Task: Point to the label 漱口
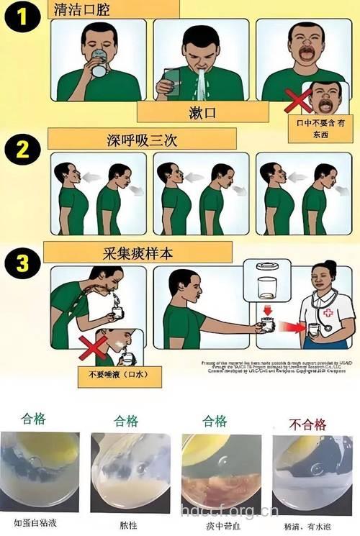(x=202, y=112)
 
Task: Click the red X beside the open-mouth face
(x=297, y=101)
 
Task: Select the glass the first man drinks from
(x=98, y=67)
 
